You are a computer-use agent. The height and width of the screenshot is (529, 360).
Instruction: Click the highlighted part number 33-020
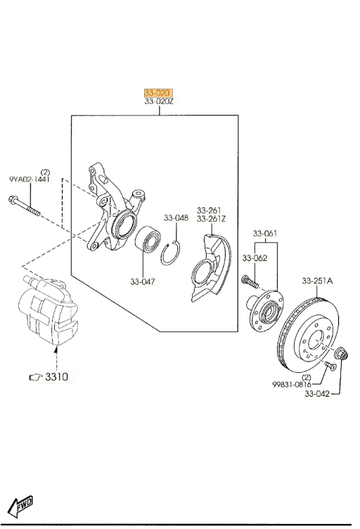pos(158,93)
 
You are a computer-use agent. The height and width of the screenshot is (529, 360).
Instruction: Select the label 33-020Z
pos(159,101)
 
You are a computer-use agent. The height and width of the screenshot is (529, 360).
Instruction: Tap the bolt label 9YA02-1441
pos(30,179)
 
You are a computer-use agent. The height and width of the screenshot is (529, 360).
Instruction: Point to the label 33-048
pos(176,218)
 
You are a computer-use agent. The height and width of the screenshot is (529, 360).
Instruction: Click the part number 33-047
pos(143,281)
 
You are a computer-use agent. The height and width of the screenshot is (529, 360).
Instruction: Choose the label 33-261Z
pos(212,219)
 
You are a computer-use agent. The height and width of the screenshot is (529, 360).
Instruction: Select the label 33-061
pos(265,233)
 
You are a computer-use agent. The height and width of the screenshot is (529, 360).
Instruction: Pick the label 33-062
pos(255,258)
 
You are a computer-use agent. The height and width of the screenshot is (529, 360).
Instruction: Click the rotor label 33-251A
pos(317,281)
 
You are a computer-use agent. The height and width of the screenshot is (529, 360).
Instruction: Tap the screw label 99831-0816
pos(292,384)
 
